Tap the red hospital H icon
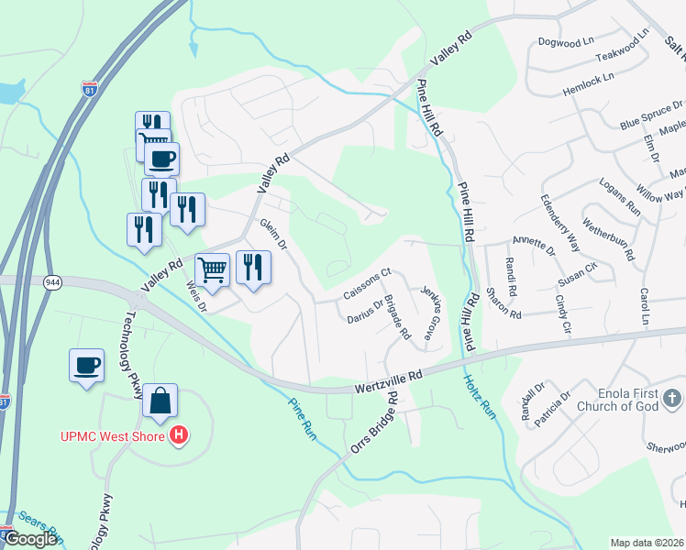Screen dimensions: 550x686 point(180,434)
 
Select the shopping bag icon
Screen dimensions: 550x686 point(160,401)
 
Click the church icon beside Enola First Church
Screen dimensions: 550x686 point(672,398)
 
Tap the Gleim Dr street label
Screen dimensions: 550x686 point(274,235)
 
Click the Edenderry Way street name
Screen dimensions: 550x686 point(560,223)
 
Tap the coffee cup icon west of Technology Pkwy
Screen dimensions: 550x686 point(86,365)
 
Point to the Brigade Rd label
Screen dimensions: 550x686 point(397,316)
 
